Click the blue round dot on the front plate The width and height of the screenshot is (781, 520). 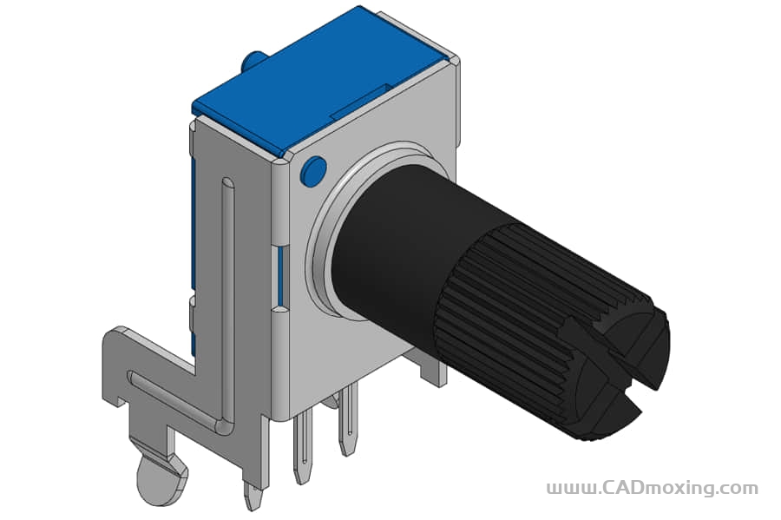pyautogui.click(x=313, y=171)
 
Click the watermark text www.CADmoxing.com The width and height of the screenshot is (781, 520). pyautogui.click(x=653, y=488)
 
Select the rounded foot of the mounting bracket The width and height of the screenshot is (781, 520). pyautogui.click(x=161, y=478)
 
